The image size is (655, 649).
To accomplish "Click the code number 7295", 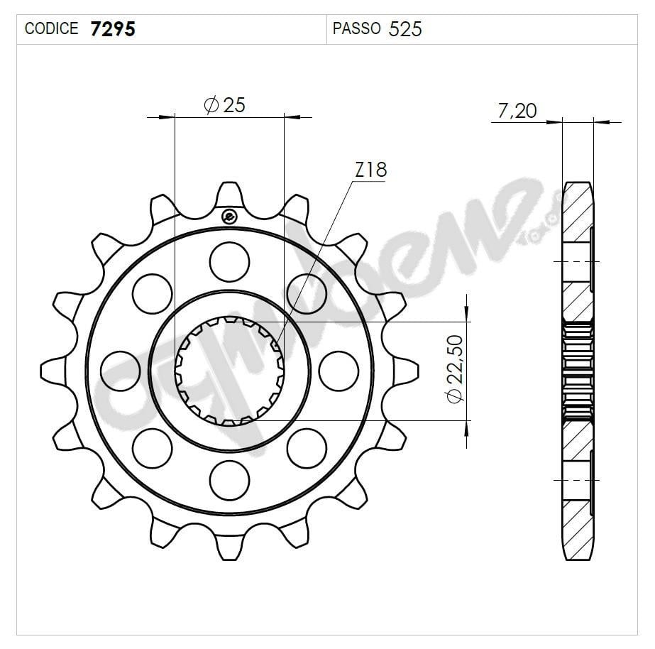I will [113, 28].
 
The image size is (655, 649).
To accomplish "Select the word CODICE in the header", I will [51, 28].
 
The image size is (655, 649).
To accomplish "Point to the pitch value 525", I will [405, 28].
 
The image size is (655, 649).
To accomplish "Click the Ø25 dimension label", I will [224, 105].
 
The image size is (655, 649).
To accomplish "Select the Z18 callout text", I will [370, 170].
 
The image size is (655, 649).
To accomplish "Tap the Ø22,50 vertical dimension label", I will [455, 369].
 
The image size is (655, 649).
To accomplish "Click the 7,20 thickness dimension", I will [517, 111].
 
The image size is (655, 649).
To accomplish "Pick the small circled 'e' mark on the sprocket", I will [228, 217].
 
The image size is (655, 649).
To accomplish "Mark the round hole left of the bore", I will [120, 371].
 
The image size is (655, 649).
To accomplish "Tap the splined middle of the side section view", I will [578, 371].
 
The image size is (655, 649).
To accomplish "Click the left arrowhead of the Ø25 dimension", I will [167, 116].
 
